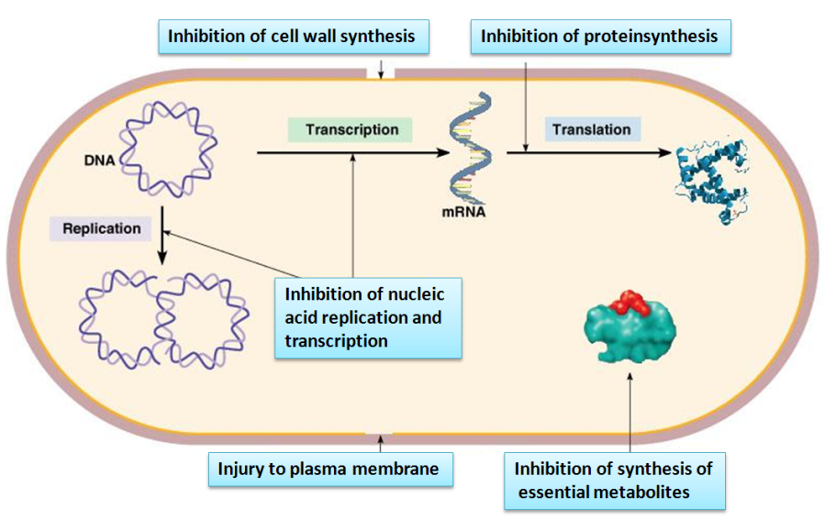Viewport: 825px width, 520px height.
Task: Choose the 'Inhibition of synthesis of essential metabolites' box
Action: pos(614,480)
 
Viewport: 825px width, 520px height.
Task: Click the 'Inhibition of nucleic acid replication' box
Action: pos(366,317)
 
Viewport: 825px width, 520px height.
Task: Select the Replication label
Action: pos(102,227)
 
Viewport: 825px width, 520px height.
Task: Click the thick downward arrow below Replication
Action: pos(162,236)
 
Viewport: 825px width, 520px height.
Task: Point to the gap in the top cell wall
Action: pos(380,72)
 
